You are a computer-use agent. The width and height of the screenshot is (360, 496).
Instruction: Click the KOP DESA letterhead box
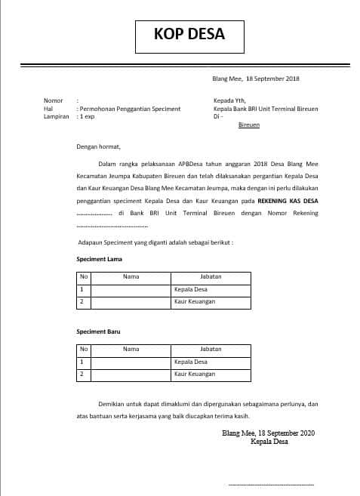click(x=189, y=34)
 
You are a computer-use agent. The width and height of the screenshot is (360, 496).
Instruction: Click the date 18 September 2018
click(x=270, y=79)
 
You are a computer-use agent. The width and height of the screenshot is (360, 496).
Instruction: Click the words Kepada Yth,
click(x=231, y=100)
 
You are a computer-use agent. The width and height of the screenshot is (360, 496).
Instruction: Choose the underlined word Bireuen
click(x=248, y=125)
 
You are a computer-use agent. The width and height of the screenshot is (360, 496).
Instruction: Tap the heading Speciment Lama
click(x=100, y=259)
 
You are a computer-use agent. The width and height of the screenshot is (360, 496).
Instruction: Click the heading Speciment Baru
click(x=99, y=331)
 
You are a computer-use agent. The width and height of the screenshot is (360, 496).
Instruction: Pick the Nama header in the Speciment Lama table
click(x=131, y=276)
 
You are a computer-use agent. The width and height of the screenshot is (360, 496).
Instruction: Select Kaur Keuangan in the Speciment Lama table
click(x=194, y=301)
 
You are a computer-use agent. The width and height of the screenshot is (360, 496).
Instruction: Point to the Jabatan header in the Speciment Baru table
click(x=211, y=350)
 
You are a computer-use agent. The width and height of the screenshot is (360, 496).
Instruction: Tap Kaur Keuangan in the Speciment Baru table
click(x=194, y=374)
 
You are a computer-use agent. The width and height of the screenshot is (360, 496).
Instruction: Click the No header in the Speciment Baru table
click(x=85, y=350)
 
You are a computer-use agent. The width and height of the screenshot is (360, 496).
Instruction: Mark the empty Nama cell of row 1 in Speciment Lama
click(x=131, y=289)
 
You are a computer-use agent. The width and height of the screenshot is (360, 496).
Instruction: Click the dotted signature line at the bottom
click(x=270, y=483)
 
